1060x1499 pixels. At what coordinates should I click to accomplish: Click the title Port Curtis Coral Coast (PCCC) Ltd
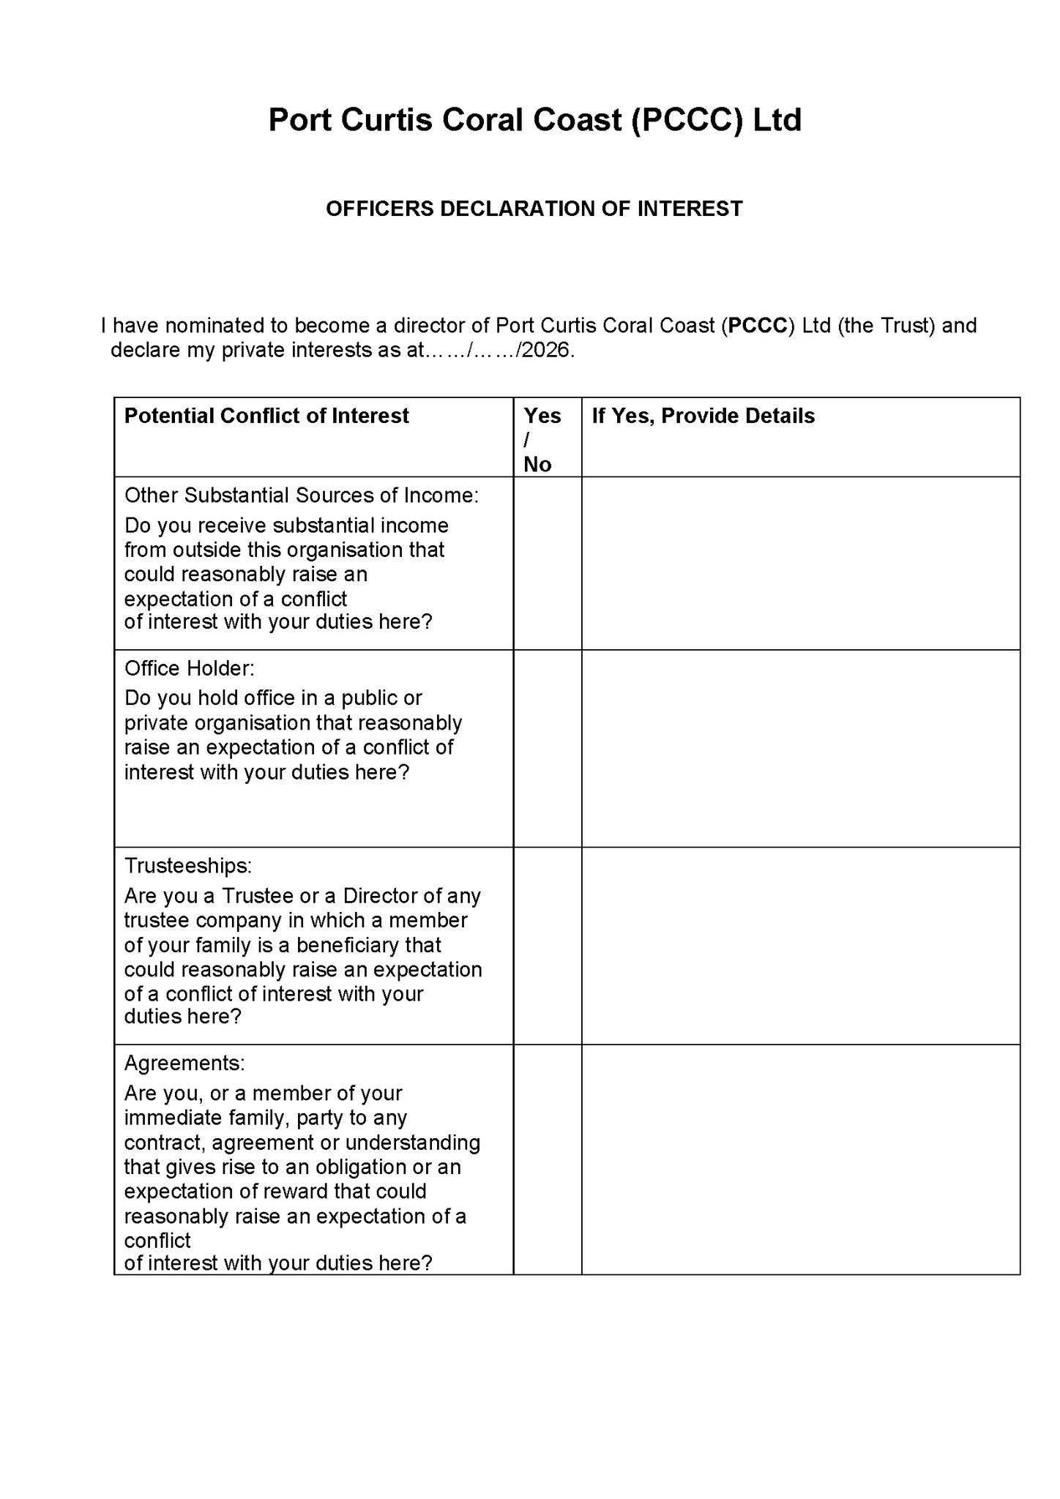[x=534, y=120]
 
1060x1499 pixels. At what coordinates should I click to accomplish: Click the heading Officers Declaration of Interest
[x=534, y=209]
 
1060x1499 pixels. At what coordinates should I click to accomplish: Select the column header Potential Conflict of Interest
[x=266, y=416]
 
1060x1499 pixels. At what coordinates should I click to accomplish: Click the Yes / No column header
[x=542, y=439]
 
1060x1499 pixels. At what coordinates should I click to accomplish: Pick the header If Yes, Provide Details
[x=703, y=416]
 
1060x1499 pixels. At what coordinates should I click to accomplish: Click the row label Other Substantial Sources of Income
[x=301, y=496]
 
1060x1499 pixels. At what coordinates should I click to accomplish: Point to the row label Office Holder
[x=190, y=668]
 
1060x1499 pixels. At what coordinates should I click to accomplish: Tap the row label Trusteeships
[x=188, y=866]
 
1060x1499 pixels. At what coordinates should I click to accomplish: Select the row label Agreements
[x=184, y=1063]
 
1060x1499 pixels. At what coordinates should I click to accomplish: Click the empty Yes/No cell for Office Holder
[x=547, y=748]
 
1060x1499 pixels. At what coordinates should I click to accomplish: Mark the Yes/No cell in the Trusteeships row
[x=547, y=946]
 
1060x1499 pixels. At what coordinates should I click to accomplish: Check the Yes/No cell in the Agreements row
[x=547, y=1159]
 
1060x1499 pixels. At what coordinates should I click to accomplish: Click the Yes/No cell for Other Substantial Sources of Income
[x=547, y=563]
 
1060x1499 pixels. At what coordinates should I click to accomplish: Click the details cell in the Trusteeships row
[x=800, y=946]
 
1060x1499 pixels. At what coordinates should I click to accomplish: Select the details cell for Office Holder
[x=800, y=748]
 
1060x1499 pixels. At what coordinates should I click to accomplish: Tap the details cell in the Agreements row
[x=800, y=1159]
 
